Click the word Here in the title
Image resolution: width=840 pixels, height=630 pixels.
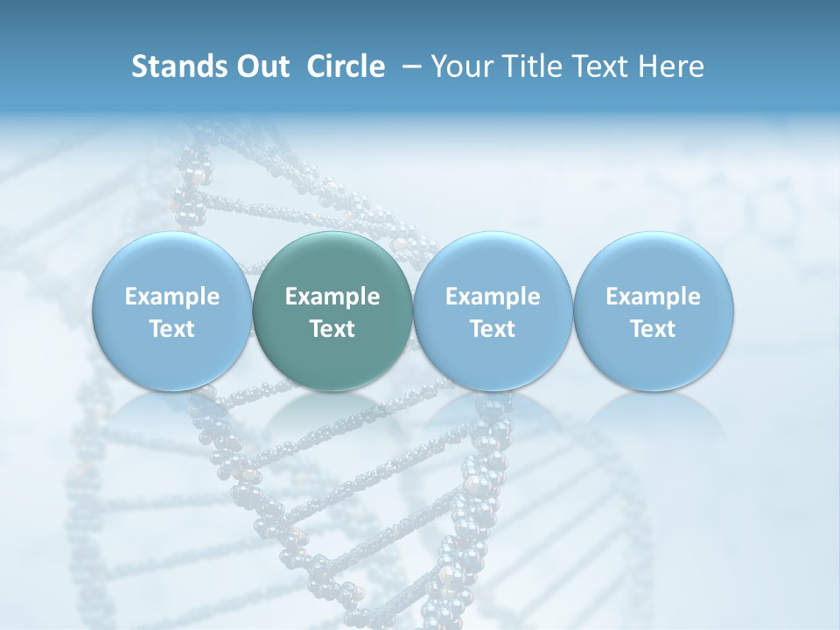pyautogui.click(x=670, y=66)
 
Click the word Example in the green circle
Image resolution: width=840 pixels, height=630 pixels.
pyautogui.click(x=332, y=297)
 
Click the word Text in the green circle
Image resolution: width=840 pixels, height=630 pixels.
pyautogui.click(x=332, y=329)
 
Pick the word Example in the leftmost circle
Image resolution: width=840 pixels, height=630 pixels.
pyautogui.click(x=172, y=297)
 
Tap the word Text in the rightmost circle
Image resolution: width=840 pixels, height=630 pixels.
pyautogui.click(x=653, y=329)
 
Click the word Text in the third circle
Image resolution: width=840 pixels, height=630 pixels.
pyautogui.click(x=493, y=329)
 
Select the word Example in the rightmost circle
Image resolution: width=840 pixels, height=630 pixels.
pyautogui.click(x=653, y=297)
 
